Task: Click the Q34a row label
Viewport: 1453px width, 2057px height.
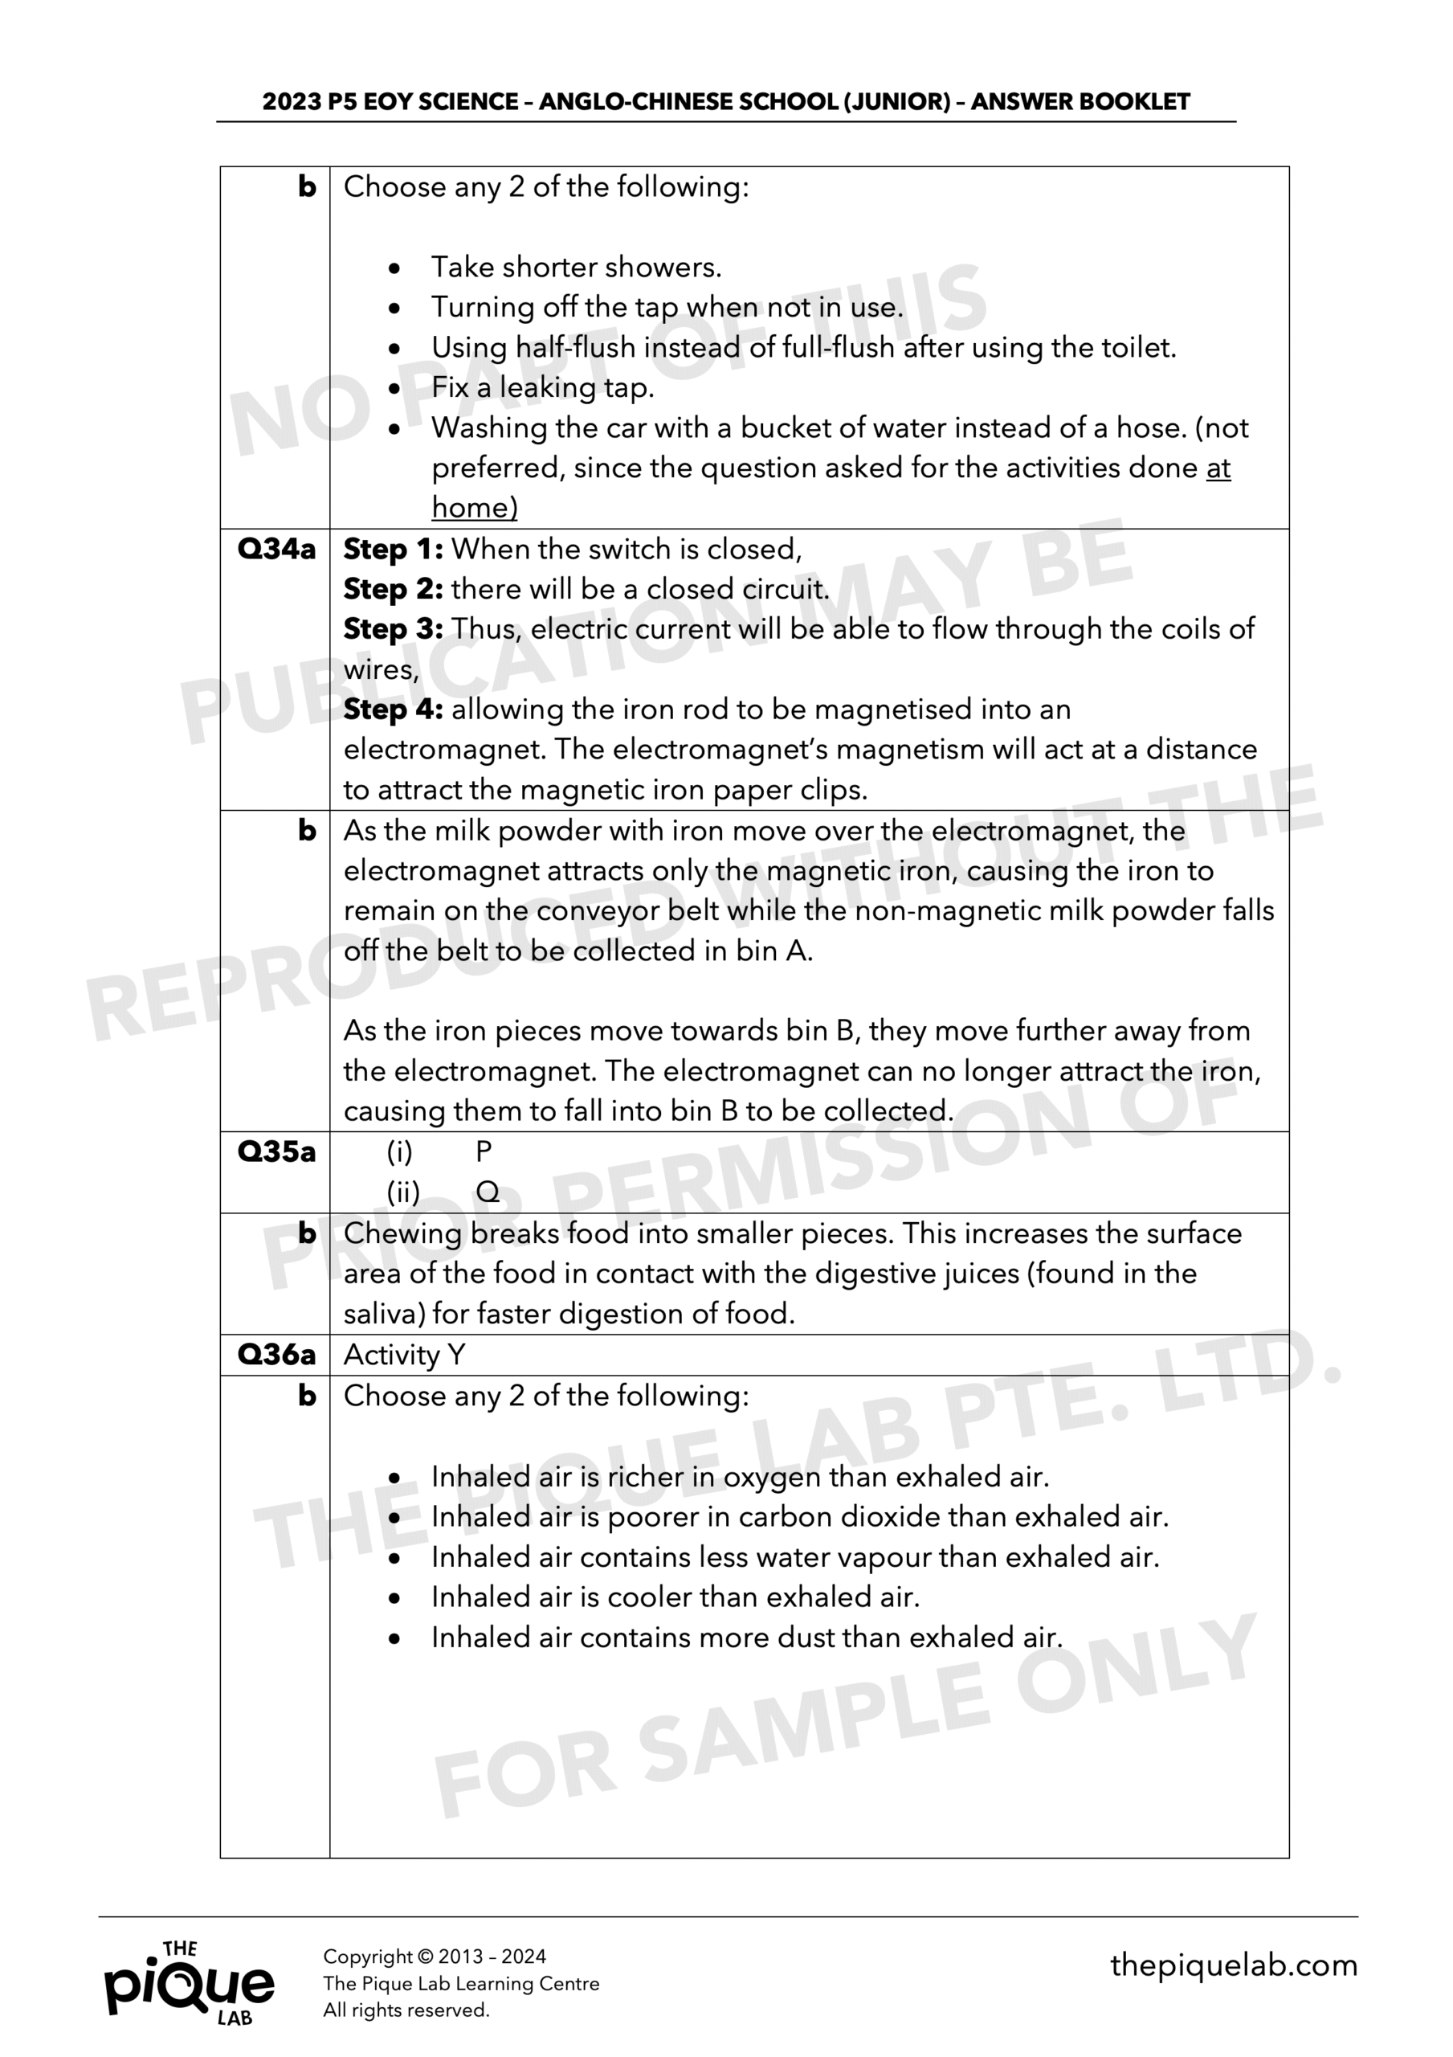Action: (276, 549)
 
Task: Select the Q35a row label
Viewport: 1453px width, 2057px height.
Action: (276, 1151)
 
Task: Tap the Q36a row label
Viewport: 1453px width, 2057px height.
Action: (276, 1354)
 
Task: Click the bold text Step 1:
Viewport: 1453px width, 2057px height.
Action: (394, 549)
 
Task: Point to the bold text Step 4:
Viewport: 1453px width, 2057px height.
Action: (394, 710)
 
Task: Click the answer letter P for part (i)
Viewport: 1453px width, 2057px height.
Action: (484, 1151)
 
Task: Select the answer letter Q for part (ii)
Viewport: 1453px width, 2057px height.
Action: (488, 1192)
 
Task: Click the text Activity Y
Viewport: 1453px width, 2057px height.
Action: (404, 1354)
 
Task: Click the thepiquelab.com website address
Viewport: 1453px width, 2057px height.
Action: (1234, 1965)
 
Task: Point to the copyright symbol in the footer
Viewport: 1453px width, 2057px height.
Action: (425, 1957)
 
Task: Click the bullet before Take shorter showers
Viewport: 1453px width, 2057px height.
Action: (395, 268)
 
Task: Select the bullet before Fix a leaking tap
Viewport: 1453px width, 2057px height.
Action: (395, 388)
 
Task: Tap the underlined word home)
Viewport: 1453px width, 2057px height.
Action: (474, 508)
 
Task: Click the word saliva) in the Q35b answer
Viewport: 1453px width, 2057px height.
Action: (383, 1315)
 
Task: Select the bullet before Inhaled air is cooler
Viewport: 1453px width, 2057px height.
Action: (395, 1597)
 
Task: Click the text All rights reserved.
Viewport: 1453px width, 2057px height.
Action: (406, 2010)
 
